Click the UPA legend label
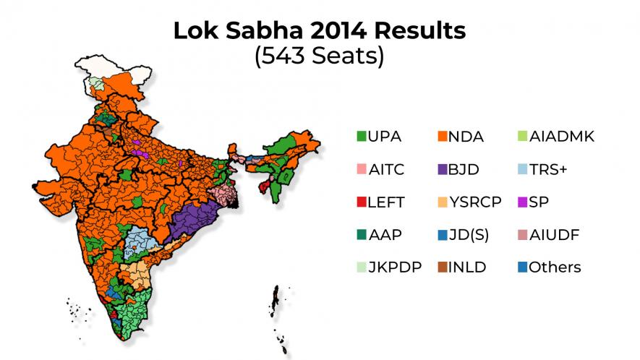[x=384, y=137]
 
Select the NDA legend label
[x=466, y=137]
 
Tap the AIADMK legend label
[x=562, y=137]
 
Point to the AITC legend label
[x=385, y=169]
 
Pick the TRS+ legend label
[x=553, y=169]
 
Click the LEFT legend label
[x=385, y=202]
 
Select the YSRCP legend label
[x=474, y=202]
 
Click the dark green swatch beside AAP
[x=362, y=235]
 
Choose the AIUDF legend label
[x=555, y=235]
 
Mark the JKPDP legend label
[x=394, y=267]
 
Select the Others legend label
[x=555, y=267]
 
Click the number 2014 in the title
[x=317, y=31]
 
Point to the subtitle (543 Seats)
[x=319, y=56]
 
